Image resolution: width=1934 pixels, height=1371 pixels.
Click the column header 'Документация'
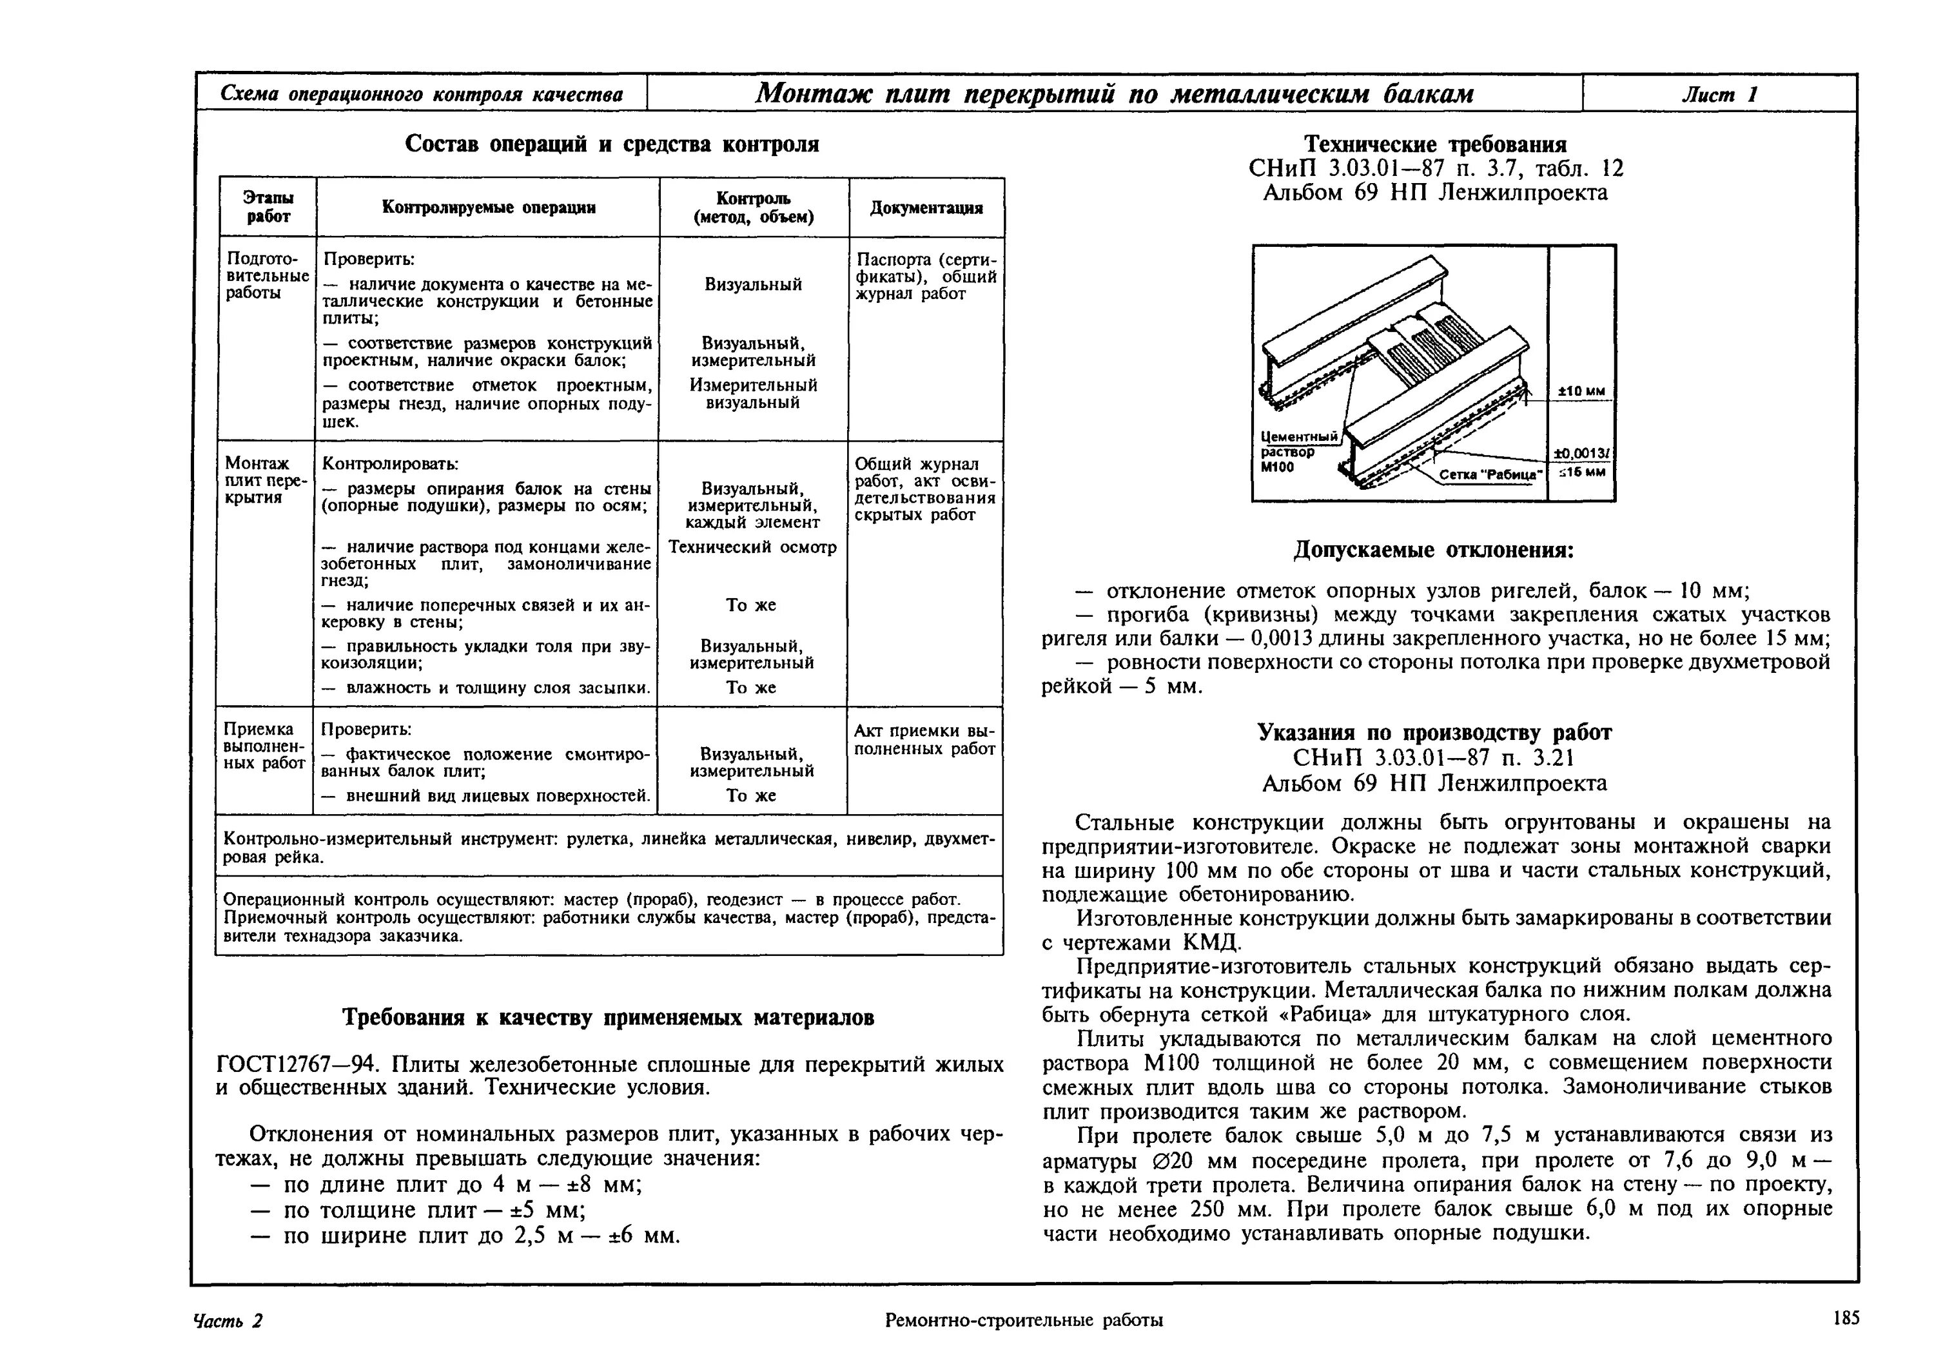click(926, 208)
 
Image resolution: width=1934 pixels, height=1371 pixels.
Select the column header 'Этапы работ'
click(268, 207)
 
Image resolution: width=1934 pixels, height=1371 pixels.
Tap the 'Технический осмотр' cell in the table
click(752, 547)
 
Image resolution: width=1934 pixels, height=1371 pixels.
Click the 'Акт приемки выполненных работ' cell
click(924, 739)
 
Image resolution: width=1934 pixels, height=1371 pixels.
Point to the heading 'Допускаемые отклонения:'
click(1434, 550)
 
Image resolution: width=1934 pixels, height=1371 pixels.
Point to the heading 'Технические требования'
click(1435, 144)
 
